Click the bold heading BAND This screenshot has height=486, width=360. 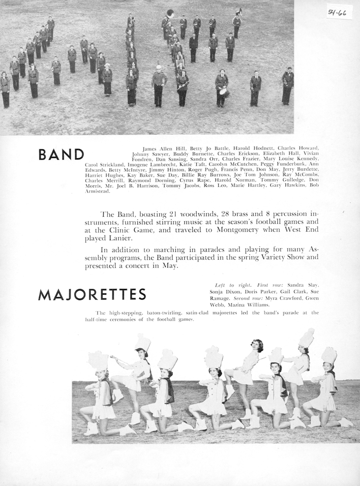[61, 155]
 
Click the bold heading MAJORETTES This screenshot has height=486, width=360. [92, 294]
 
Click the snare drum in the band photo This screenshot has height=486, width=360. [224, 93]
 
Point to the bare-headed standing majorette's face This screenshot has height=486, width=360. [257, 347]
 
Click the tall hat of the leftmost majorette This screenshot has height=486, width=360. [98, 360]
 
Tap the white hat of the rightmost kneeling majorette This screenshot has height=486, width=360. [329, 355]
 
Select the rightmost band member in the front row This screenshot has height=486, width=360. [288, 86]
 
